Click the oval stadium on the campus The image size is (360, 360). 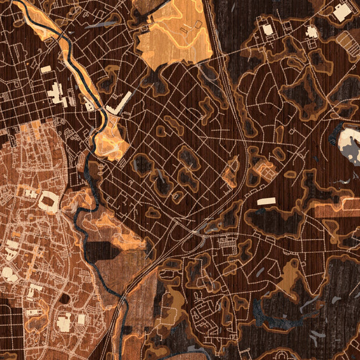point(50,202)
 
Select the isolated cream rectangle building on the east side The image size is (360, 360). point(266,201)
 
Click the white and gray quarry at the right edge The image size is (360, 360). point(350,142)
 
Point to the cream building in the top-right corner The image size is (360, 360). point(342,12)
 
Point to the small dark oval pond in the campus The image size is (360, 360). point(64,298)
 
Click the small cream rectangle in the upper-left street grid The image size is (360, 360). point(46,69)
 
